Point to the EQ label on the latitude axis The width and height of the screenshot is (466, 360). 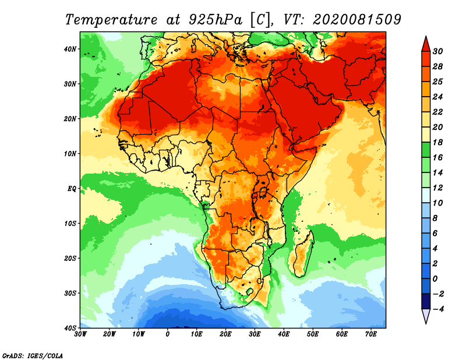[x=72, y=189]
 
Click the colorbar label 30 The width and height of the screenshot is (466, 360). [x=438, y=51]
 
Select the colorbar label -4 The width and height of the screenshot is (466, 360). [x=438, y=309]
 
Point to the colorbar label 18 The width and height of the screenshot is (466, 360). [x=438, y=142]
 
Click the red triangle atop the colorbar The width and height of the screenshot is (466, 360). [x=426, y=44]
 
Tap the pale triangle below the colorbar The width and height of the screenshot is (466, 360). [x=426, y=316]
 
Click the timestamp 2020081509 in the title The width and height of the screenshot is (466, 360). [x=356, y=19]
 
